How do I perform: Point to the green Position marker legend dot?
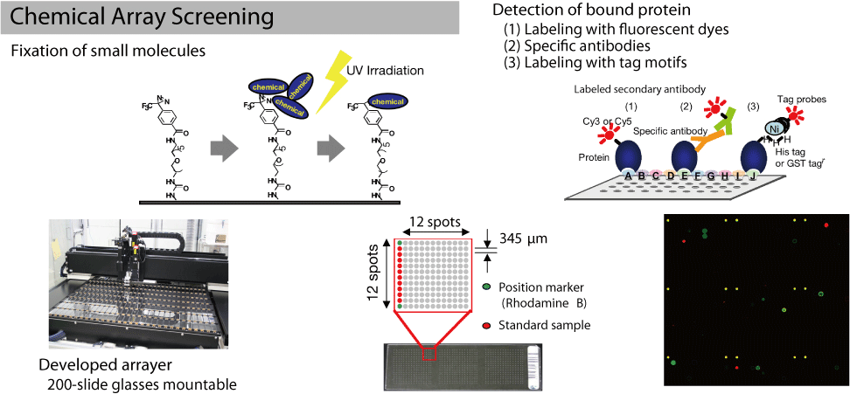coord(486,287)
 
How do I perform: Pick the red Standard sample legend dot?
coord(486,326)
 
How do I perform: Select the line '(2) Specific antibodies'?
coord(577,46)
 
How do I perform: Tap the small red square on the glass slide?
coord(429,355)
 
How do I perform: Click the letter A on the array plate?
coord(627,175)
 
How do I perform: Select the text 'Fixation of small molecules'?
coord(108,51)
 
